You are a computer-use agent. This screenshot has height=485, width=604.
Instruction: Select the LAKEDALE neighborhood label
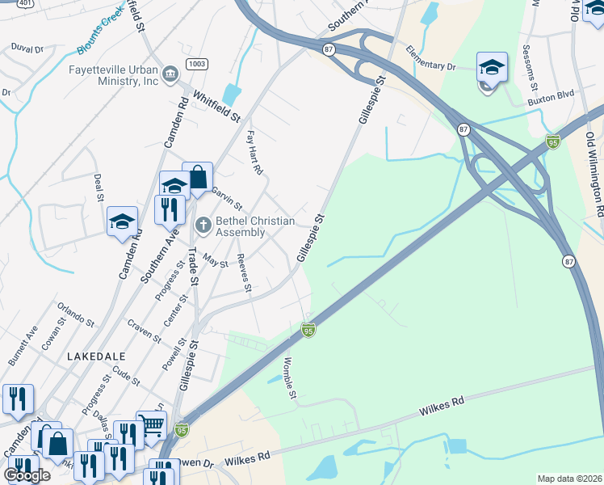(x=96, y=356)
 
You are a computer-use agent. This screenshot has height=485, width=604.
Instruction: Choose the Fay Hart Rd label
(x=254, y=152)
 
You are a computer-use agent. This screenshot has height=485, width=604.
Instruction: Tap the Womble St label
(x=290, y=377)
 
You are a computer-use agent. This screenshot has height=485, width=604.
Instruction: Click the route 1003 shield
(x=195, y=64)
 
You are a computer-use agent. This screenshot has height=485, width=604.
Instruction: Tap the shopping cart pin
(x=151, y=423)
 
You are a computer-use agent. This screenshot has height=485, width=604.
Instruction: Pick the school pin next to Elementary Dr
(x=492, y=69)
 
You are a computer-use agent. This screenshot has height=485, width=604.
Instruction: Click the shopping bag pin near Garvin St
(x=197, y=177)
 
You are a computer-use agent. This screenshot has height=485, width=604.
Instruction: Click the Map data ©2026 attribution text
(x=568, y=479)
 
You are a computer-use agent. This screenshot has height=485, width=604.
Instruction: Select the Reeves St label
(x=244, y=273)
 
